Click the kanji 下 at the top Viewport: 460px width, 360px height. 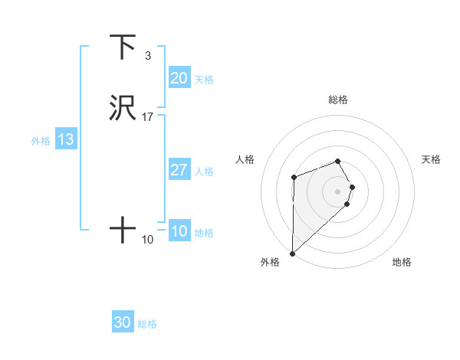point(123,47)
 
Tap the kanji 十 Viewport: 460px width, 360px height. point(123,229)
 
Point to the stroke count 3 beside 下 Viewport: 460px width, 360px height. point(147,56)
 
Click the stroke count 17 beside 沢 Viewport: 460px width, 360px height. point(148,117)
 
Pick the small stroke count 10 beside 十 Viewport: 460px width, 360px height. point(148,240)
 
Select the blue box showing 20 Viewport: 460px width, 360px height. point(179,78)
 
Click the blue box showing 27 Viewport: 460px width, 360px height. point(179,170)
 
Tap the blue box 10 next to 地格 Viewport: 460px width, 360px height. point(179,231)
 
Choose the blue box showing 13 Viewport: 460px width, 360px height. point(65,139)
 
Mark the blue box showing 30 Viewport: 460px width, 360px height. point(122,322)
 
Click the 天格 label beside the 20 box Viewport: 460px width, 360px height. point(204,80)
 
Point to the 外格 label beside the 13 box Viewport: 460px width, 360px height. point(41,141)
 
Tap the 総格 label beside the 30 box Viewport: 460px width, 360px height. point(147,324)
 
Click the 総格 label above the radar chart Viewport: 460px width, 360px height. point(337,100)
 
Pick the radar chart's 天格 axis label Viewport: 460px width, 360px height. point(432,159)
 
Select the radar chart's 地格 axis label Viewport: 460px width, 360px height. point(402,263)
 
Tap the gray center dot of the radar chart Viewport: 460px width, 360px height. point(337,191)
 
